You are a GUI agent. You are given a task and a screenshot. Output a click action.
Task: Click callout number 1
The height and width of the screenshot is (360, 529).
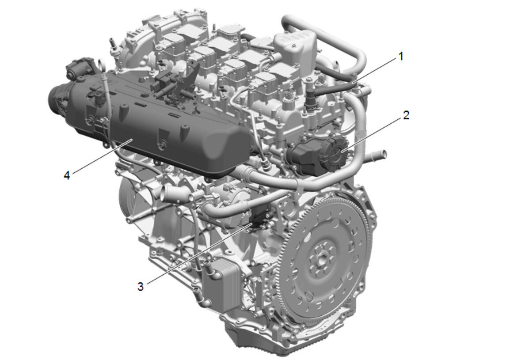click(401, 56)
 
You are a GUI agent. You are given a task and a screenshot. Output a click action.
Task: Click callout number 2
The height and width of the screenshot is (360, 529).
click(406, 115)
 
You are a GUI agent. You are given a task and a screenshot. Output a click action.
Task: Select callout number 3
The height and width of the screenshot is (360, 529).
click(141, 287)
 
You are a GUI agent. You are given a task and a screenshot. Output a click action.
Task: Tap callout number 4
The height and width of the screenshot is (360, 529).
click(67, 175)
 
